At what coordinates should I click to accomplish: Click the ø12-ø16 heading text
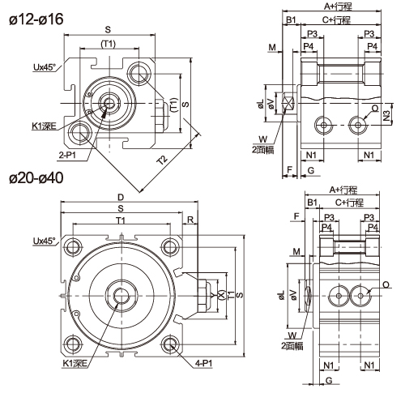(36, 19)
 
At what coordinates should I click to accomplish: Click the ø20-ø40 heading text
(36, 178)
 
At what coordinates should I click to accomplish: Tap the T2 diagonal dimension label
(163, 160)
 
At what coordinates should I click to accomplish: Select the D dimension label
(121, 198)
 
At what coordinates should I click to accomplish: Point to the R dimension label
(190, 220)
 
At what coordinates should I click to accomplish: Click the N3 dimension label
(386, 116)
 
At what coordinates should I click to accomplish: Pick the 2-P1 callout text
(67, 155)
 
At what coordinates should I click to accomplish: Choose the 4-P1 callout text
(204, 364)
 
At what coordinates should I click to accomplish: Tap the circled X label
(221, 295)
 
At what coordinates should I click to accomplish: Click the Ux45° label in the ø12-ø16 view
(45, 67)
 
